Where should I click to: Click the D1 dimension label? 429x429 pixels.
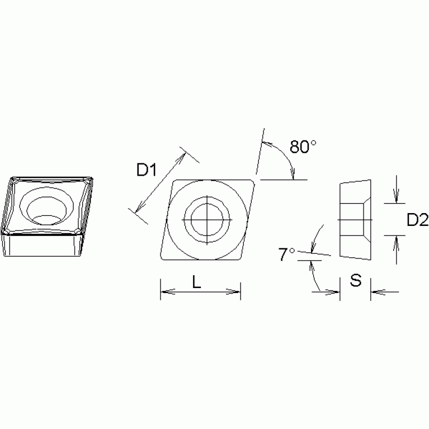tap(146, 170)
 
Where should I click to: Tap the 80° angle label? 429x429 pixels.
tap(303, 147)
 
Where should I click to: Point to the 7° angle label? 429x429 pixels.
tap(286, 255)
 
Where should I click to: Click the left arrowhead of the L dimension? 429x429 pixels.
tap(165, 291)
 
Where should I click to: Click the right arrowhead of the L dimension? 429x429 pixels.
tap(236, 291)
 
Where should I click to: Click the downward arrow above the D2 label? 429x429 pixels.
tap(396, 197)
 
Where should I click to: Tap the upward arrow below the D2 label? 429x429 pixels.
tap(396, 241)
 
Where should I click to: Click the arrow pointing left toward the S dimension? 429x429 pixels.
tap(375, 291)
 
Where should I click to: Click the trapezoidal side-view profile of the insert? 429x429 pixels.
tap(355, 219)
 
